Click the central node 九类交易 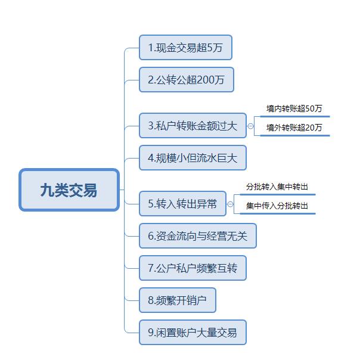[69, 190]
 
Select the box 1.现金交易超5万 [185, 48]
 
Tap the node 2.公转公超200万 [187, 80]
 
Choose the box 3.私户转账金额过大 [193, 126]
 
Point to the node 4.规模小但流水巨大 [193, 158]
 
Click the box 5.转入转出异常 [182, 204]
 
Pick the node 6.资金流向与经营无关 [198, 236]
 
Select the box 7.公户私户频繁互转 [193, 268]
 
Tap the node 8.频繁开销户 [178, 300]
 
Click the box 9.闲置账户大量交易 [193, 332]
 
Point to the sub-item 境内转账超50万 [294, 108]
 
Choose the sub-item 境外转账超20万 [294, 128]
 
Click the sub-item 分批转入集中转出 [277, 187]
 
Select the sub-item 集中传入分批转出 [277, 206]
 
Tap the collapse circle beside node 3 [250, 126]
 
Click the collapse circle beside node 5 [230, 204]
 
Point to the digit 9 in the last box [151, 333]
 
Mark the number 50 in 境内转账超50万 [310, 108]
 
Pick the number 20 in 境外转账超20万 [310, 128]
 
